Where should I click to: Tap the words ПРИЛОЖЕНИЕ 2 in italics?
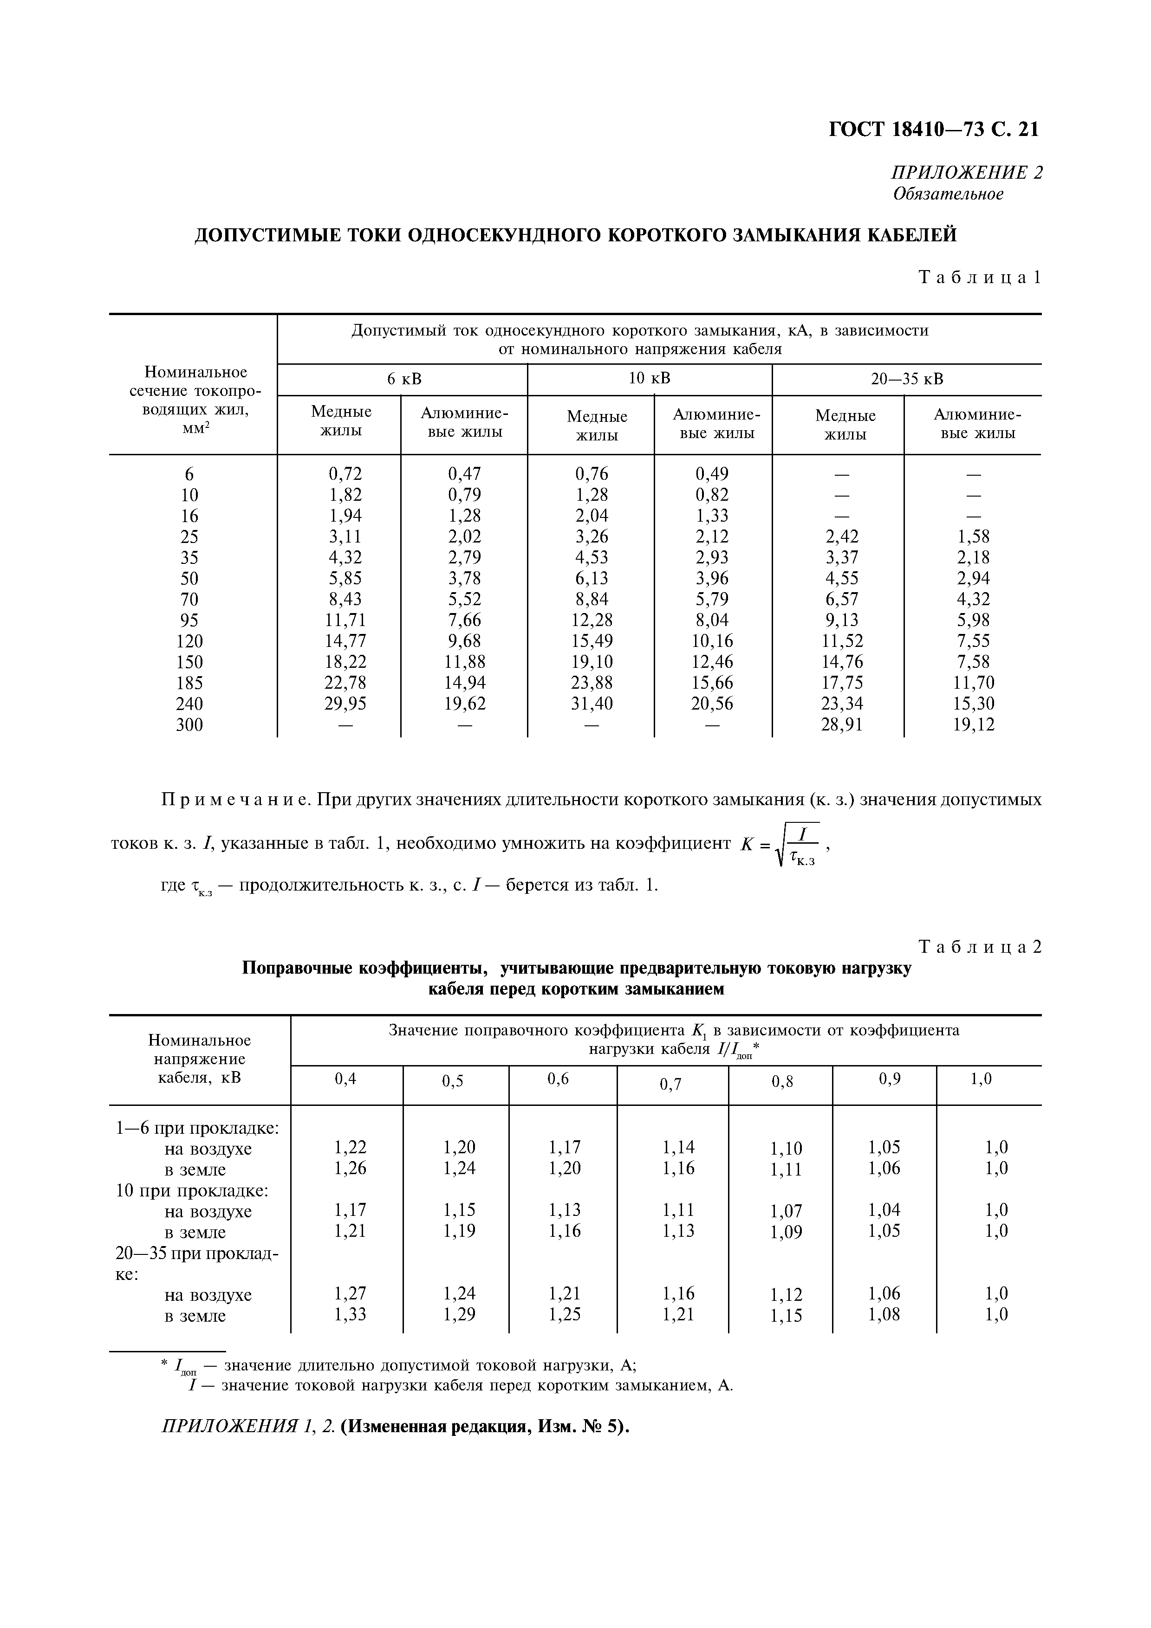[967, 172]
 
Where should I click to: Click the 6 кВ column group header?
[403, 379]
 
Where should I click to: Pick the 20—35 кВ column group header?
[907, 379]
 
